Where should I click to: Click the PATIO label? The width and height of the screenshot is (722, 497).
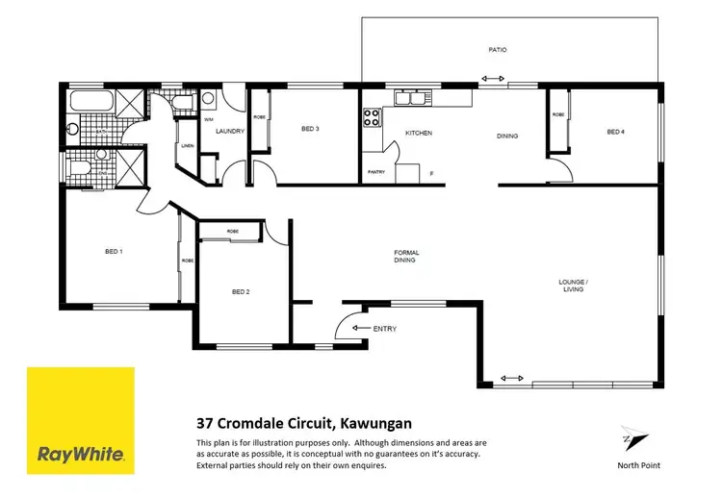pos(497,49)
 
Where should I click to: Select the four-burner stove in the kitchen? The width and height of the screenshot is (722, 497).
pos(371,118)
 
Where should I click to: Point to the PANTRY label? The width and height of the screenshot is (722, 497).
pos(377,173)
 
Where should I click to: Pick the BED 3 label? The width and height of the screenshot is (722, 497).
pos(309,129)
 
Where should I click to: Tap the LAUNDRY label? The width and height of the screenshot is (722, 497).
pos(230,131)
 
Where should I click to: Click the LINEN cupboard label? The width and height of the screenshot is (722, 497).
pos(187,146)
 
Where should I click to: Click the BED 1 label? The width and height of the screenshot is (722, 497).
pos(114,252)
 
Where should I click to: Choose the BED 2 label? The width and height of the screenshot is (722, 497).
pos(241,292)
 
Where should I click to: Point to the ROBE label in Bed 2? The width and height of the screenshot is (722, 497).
pos(233,232)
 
